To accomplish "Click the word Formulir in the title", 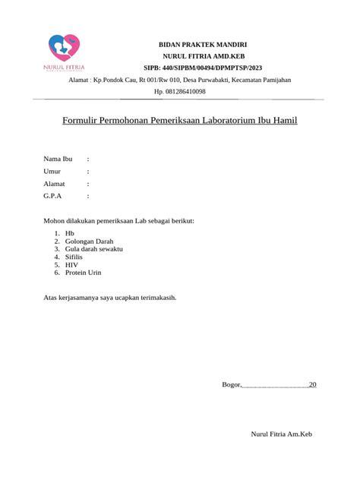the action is [82, 121].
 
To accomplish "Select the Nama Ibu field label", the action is [57, 159].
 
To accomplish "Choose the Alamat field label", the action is [54, 184].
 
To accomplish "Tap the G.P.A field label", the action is [52, 196].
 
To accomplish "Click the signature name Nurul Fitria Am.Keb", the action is [282, 434].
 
